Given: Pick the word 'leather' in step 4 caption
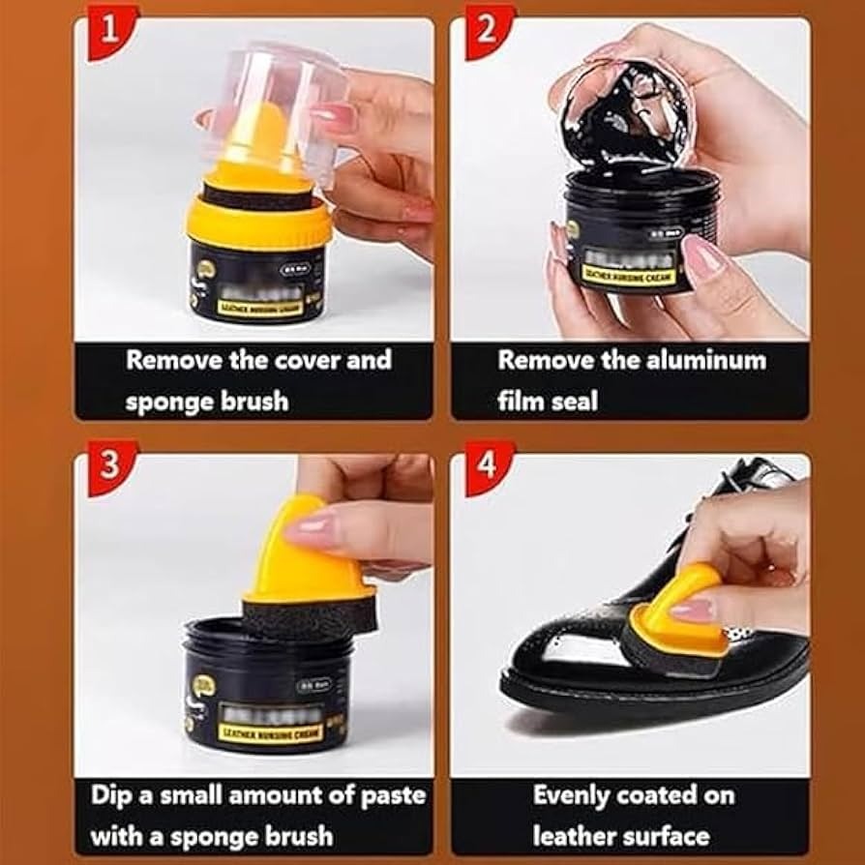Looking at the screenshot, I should [x=577, y=835].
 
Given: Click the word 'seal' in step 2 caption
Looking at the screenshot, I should [x=575, y=401].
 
